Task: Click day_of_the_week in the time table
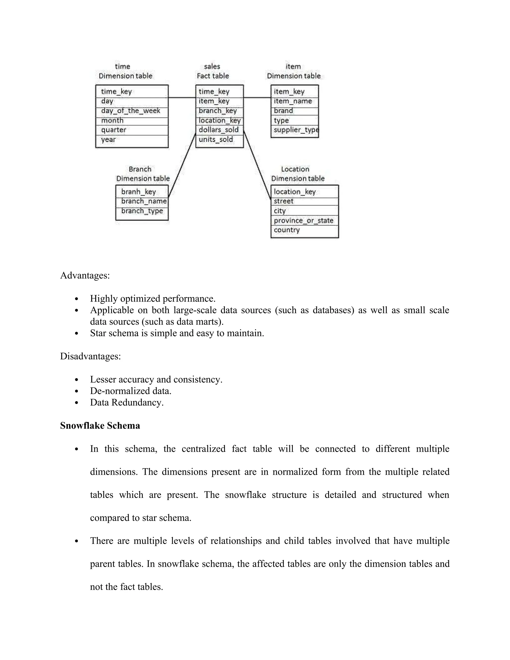(x=130, y=111)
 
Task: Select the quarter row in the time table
(x=114, y=130)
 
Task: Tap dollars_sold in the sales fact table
(x=218, y=130)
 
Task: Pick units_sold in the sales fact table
(x=216, y=140)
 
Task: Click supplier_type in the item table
(x=296, y=130)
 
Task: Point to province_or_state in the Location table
(x=303, y=221)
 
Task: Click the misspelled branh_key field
(x=138, y=192)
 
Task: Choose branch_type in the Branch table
(x=142, y=211)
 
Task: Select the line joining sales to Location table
(x=257, y=165)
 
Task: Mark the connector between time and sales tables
(x=182, y=98)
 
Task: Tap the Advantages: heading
(x=85, y=276)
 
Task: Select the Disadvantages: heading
(x=90, y=356)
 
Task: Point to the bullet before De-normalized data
(x=76, y=391)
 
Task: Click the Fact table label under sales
(x=213, y=76)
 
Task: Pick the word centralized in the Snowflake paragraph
(x=203, y=449)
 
